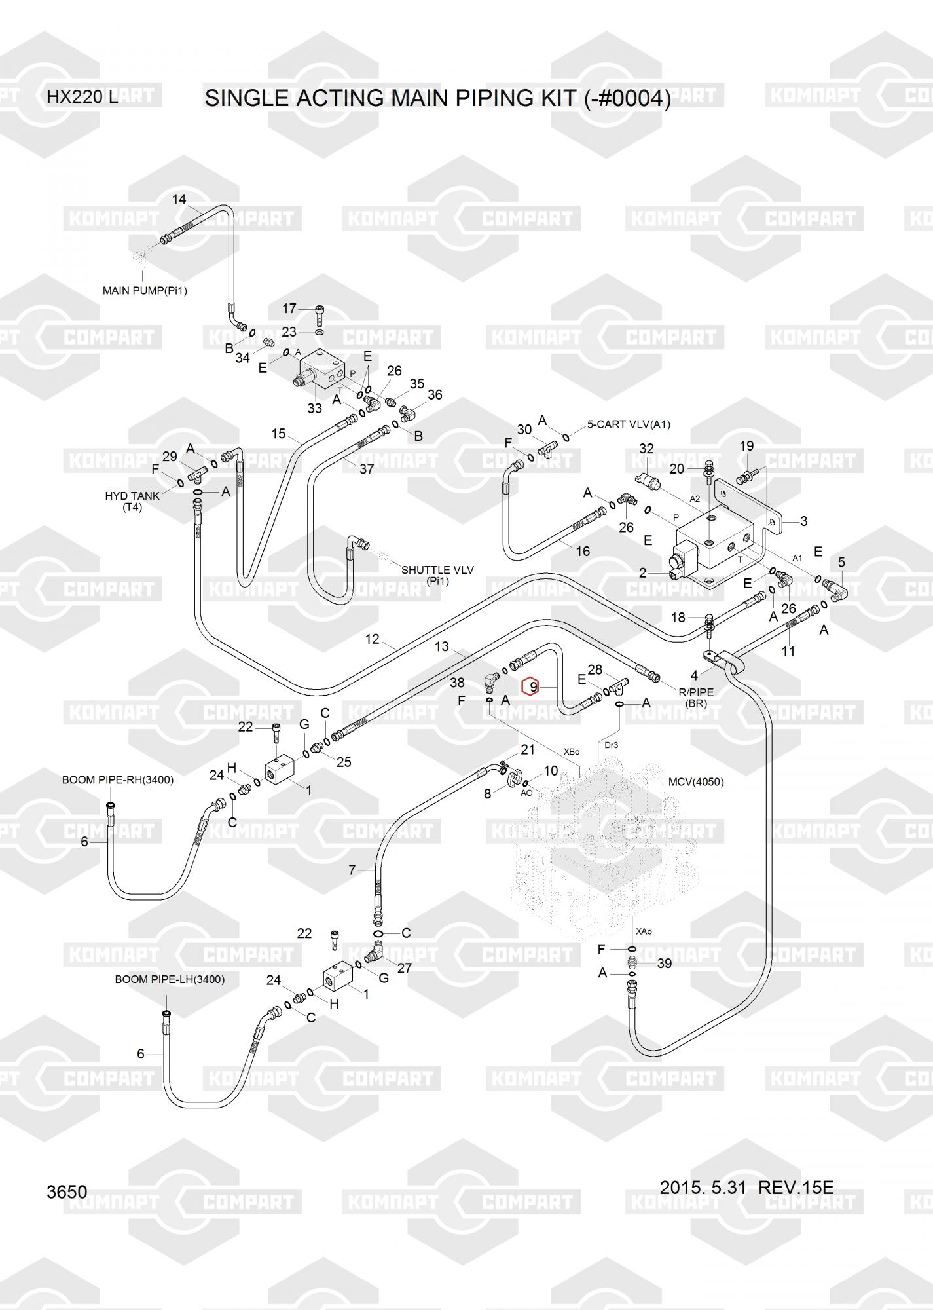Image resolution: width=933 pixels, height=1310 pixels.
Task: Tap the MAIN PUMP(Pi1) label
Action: (145, 290)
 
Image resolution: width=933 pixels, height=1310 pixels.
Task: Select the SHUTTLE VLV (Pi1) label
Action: (437, 574)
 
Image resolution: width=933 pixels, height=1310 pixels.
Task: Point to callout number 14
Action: (179, 199)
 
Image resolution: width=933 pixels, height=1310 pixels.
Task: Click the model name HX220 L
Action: (82, 97)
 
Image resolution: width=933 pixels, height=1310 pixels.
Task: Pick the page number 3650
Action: (67, 1191)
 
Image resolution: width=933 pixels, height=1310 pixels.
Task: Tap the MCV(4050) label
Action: (696, 782)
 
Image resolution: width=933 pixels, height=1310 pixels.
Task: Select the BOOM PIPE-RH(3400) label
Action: (118, 780)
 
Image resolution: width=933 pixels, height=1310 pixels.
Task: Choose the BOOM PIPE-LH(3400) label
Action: (170, 979)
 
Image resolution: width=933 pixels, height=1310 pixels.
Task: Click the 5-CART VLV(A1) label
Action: (629, 424)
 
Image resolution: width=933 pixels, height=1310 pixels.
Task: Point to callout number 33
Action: (315, 407)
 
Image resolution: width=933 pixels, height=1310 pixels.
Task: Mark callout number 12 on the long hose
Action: (372, 639)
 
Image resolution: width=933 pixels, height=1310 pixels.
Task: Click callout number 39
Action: (665, 964)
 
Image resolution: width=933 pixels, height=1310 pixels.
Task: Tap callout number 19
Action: (746, 446)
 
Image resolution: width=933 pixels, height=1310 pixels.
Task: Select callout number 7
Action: (352, 870)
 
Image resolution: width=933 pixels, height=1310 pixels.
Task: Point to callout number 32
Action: (646, 449)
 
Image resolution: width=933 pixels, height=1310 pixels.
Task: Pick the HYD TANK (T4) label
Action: (132, 501)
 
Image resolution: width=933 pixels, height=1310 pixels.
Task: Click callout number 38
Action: (457, 682)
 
